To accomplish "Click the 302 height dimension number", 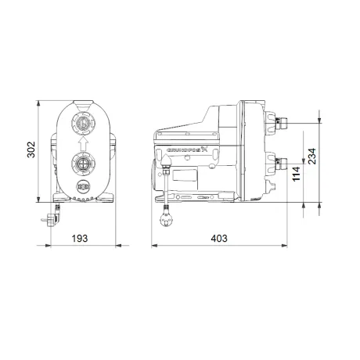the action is point(31,149).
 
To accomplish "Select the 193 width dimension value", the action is point(80,239).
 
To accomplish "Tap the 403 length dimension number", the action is point(219,239).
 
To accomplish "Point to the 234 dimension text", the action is point(311,157).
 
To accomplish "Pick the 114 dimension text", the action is point(297,174).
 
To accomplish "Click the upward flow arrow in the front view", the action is point(83,144).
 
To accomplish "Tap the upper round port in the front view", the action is point(83,123).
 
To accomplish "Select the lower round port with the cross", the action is point(83,164).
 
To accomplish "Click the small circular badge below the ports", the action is point(83,187).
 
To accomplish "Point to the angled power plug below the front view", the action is point(52,218).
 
